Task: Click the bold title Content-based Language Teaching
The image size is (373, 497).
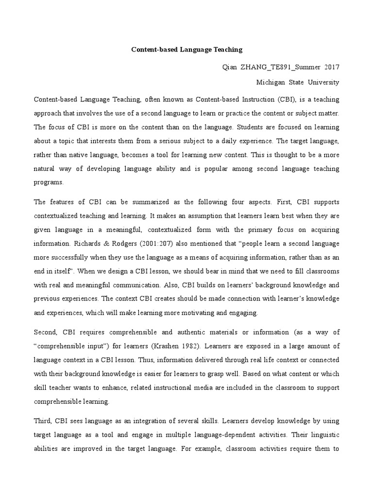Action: [186, 50]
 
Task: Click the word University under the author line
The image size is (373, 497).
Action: [322, 83]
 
